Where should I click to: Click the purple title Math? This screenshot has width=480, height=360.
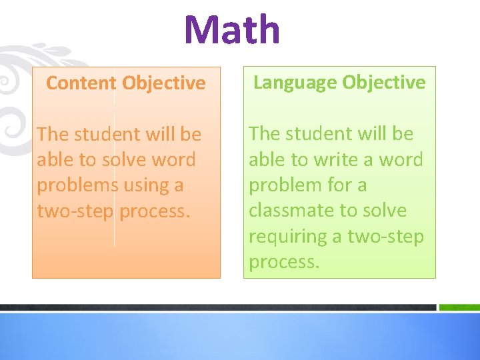point(232,30)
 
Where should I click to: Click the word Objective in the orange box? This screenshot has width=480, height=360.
point(164,83)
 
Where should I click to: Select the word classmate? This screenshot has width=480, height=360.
point(291,211)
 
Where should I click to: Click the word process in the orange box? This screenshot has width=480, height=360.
point(155,211)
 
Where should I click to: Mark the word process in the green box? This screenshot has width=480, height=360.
point(284,262)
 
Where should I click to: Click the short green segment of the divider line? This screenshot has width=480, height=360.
point(459,307)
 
